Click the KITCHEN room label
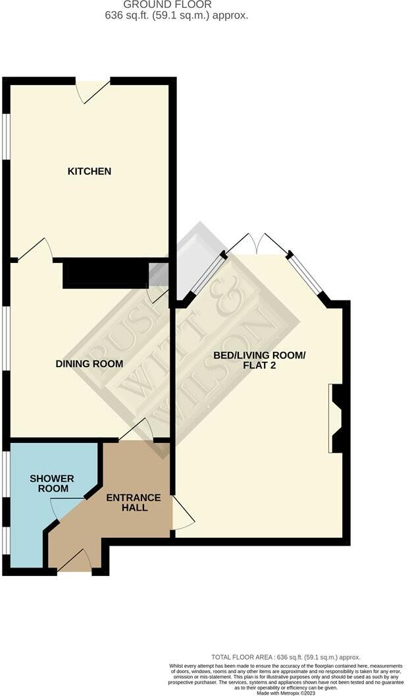pos(89,171)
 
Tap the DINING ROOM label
pos(89,364)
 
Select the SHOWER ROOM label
pos(52,483)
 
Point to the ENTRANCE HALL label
pos(134,502)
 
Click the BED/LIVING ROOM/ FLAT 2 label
pos(259,361)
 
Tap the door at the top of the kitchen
pos(93,92)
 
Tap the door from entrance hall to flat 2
pos(182,513)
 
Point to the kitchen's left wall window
pos(6,137)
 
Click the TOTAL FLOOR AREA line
pos(286,657)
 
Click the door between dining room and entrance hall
pos(137,431)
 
